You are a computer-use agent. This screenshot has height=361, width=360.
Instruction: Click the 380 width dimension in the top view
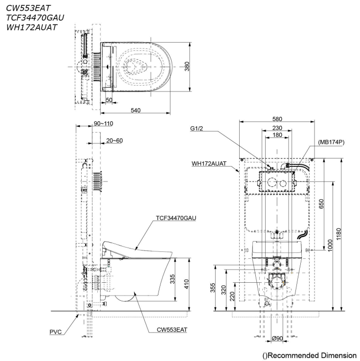tap(186, 67)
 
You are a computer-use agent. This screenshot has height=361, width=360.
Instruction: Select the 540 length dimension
tap(135, 111)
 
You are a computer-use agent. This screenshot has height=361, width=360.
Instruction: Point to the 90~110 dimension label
tap(103, 124)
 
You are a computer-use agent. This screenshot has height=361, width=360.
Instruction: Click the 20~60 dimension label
tap(114, 140)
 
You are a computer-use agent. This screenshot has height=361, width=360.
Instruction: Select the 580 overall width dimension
tap(277, 119)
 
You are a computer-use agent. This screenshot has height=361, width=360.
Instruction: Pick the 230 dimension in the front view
tap(277, 128)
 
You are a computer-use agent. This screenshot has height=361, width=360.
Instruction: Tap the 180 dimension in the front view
tap(277, 135)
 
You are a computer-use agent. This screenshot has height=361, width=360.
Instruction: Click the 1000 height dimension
tap(330, 245)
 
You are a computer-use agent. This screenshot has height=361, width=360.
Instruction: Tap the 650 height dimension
tap(321, 204)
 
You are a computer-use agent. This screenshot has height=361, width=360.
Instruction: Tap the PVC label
tap(56, 332)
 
